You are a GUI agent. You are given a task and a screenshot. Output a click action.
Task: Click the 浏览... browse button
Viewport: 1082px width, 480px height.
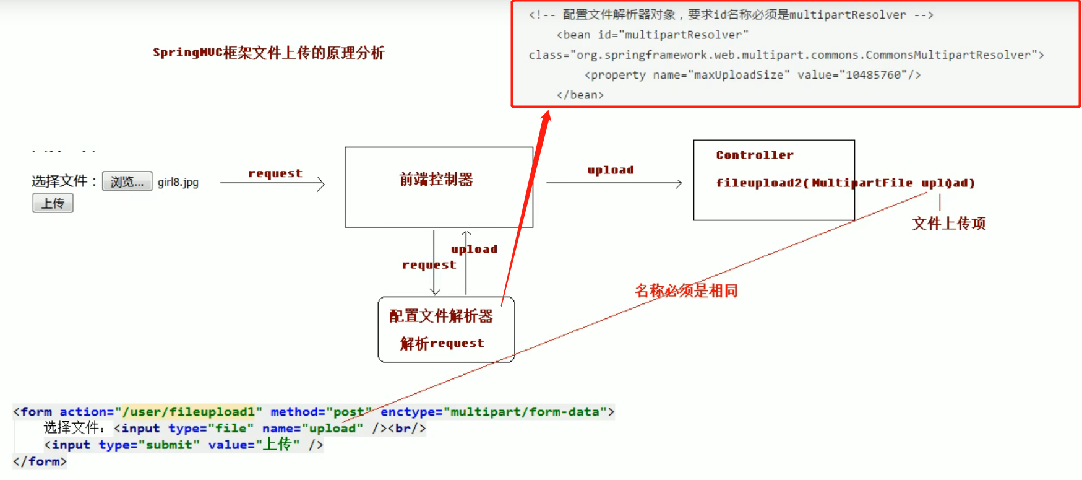(x=127, y=181)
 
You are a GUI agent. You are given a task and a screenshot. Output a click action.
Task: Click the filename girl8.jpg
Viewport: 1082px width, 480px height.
(x=178, y=182)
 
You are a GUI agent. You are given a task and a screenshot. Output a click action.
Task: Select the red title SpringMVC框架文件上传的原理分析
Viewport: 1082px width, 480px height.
(x=268, y=53)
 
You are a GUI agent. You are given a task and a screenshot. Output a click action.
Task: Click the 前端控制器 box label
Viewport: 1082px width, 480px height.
(x=436, y=180)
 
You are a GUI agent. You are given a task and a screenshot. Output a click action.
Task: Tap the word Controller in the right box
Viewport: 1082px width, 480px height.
(x=755, y=155)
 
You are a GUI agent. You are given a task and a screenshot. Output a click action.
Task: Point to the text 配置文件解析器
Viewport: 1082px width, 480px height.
(x=441, y=316)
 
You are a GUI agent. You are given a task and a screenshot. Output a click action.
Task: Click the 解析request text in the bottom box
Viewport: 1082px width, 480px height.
(x=442, y=343)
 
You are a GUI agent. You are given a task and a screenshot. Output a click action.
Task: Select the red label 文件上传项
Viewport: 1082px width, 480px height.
(x=948, y=224)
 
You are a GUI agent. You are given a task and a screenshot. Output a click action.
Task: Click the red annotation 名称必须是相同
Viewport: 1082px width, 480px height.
(x=686, y=290)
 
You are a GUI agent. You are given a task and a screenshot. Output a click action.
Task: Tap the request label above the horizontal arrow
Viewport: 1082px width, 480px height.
(x=275, y=173)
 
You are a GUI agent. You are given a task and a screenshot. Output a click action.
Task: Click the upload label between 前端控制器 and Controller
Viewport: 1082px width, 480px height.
(x=611, y=170)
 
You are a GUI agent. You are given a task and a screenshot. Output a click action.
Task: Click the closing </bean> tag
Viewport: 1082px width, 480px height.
(x=580, y=95)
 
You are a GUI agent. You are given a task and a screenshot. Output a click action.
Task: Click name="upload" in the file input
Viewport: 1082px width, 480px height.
(x=312, y=428)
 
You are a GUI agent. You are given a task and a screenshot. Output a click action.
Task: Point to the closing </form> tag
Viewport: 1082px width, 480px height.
(x=40, y=461)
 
